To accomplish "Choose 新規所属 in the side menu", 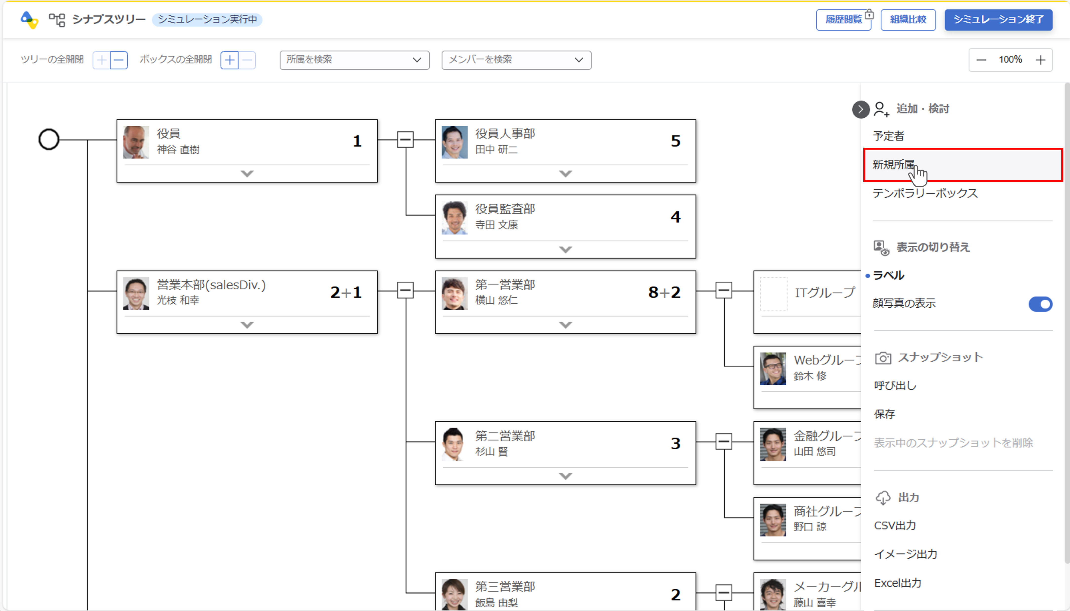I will [894, 164].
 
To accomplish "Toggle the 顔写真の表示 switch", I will [1040, 304].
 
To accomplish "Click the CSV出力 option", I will [895, 525].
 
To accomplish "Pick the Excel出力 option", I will [897, 583].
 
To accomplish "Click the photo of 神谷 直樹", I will [136, 142].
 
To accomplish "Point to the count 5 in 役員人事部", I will [675, 141].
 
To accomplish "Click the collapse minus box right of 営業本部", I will [405, 290].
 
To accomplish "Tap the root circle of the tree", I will [49, 139].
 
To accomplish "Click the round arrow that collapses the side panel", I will [860, 110].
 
